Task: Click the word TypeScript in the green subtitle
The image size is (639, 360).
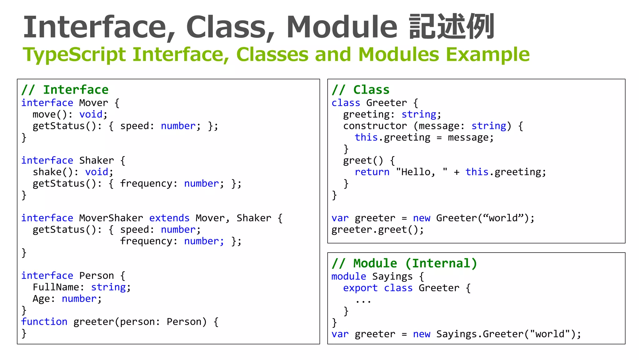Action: point(74,55)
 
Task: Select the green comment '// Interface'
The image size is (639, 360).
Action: point(65,90)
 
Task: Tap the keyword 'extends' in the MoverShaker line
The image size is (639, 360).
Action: point(169,218)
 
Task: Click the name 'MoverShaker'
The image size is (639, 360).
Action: point(111,218)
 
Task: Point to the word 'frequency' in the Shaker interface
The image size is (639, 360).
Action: point(146,184)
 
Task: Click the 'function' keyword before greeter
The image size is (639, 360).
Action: point(44,322)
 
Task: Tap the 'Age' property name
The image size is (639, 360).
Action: point(41,299)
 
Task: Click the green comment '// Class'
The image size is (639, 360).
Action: point(361,90)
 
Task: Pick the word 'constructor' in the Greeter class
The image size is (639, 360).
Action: point(375,126)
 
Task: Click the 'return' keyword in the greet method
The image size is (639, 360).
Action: point(372,172)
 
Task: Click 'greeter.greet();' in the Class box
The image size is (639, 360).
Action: point(378,230)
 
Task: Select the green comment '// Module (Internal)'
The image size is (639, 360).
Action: point(404,264)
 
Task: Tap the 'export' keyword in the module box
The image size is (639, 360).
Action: point(360,288)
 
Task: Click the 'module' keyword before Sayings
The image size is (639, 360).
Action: point(349,276)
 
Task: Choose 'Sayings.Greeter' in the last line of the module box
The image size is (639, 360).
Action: point(480,334)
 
